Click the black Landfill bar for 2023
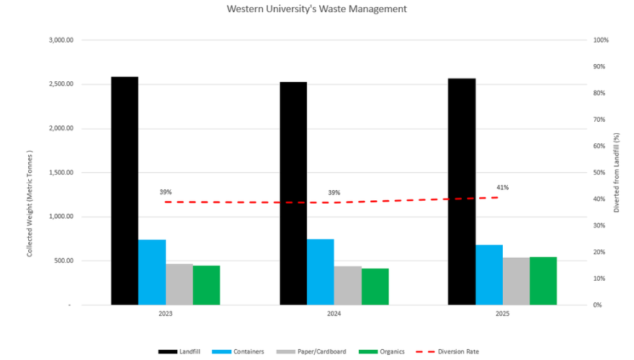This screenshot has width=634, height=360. coord(125,191)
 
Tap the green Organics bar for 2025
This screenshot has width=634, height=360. coord(543,281)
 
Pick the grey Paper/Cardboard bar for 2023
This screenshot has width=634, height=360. coord(179,284)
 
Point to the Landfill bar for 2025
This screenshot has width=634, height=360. coord(461,192)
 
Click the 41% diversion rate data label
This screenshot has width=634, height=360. coord(502,188)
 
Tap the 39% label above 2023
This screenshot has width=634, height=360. coord(166,192)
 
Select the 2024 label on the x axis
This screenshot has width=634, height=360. coord(334,315)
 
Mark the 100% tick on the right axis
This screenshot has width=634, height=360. coord(600,40)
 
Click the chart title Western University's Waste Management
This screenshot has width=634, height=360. coord(317,9)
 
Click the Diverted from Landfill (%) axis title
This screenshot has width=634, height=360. coord(617,173)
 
